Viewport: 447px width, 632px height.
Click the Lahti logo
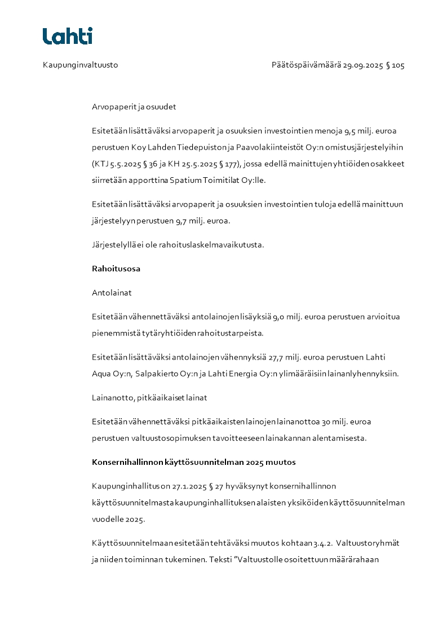coord(67,36)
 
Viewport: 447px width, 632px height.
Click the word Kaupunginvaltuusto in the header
coord(80,65)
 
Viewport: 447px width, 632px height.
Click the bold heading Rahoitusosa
coord(116,269)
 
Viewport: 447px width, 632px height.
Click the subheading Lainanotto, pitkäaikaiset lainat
coord(149,398)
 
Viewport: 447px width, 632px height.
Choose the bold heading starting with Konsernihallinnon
coord(193,463)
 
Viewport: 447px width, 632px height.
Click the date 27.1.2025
coord(189,486)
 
